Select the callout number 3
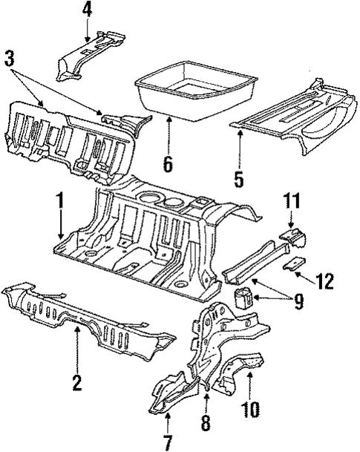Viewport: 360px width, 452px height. [10, 59]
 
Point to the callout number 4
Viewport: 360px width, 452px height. [87, 10]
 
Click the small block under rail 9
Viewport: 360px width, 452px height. [243, 298]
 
